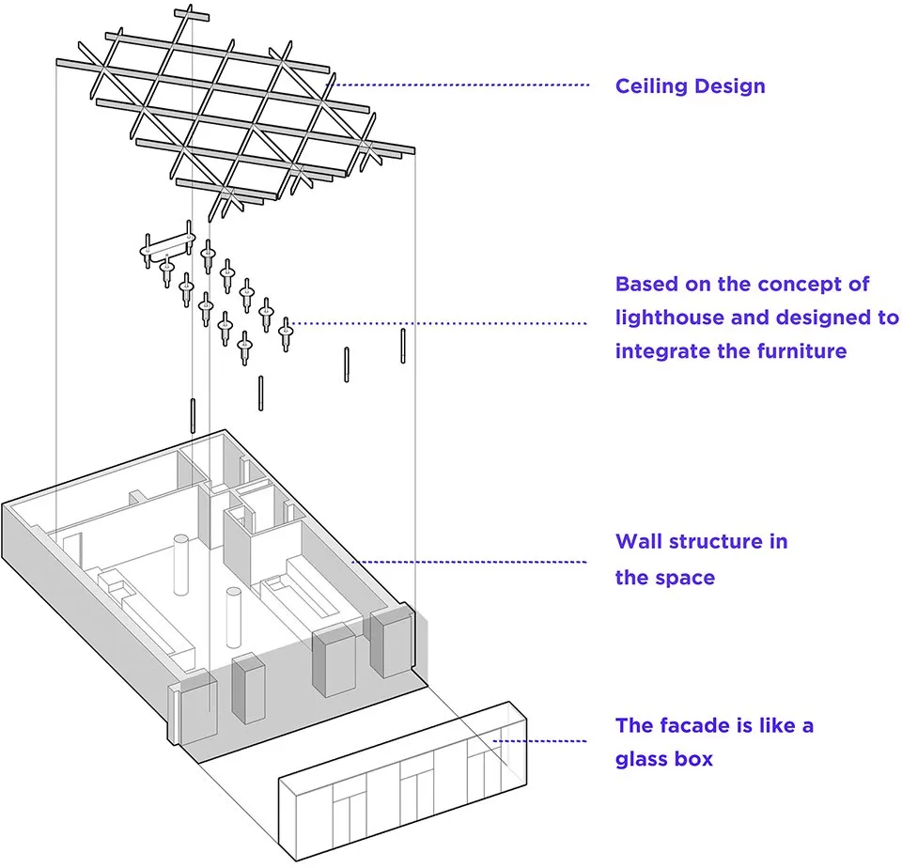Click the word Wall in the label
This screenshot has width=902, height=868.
coord(637,542)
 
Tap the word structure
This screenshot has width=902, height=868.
coord(725,542)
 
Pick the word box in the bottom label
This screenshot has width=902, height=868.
coord(695,759)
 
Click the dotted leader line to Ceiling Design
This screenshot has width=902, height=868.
coord(460,85)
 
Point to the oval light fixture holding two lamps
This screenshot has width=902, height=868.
coord(167,249)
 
